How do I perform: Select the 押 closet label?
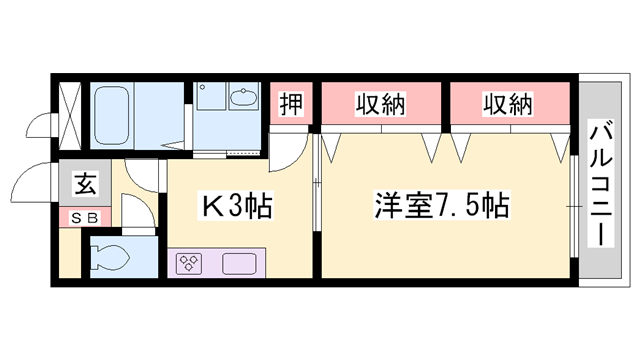(x=291, y=103)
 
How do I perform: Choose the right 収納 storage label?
(x=508, y=103)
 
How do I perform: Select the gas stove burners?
(x=189, y=264)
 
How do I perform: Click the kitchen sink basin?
(x=240, y=264)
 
